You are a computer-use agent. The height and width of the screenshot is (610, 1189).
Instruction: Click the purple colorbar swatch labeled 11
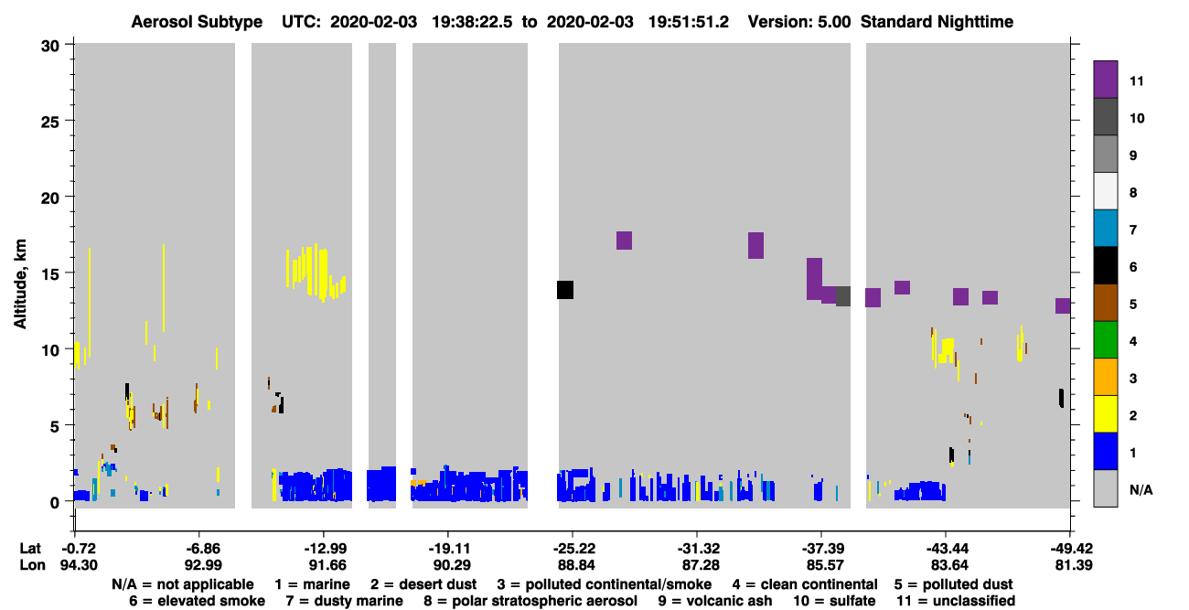coord(1105,80)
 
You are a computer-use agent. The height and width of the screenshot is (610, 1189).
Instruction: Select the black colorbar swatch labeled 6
coord(1105,265)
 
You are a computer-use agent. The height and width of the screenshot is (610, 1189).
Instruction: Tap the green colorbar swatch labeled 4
coord(1105,340)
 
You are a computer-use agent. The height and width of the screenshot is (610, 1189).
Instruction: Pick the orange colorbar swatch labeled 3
coord(1105,377)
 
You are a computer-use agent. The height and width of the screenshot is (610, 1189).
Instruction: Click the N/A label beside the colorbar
coord(1141,489)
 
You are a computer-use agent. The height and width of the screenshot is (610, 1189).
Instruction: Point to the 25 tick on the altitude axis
coord(50,122)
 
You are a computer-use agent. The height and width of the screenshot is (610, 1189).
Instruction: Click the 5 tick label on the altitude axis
coord(55,426)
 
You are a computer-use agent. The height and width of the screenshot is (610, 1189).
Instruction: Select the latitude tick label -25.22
coord(573,549)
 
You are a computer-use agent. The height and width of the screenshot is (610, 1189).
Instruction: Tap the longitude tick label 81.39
coord(1073,565)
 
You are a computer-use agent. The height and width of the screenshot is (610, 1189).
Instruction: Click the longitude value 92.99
coord(203,565)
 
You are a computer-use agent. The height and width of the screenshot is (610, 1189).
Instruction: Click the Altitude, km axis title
coord(20,284)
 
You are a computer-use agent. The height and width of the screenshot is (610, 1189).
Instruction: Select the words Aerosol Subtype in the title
coord(197,22)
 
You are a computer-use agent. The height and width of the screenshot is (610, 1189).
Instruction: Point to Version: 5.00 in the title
coord(798,22)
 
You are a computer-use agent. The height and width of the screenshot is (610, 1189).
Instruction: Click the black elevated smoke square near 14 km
coord(565,290)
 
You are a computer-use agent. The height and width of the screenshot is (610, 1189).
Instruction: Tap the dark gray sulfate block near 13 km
coord(843,296)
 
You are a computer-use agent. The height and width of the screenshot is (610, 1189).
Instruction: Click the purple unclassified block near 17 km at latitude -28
coord(624,241)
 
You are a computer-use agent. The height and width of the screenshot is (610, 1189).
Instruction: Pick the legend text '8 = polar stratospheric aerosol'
coord(530,601)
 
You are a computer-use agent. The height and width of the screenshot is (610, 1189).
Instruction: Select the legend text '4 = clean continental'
coord(805,584)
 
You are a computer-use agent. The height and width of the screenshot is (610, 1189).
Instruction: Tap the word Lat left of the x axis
coord(30,549)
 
